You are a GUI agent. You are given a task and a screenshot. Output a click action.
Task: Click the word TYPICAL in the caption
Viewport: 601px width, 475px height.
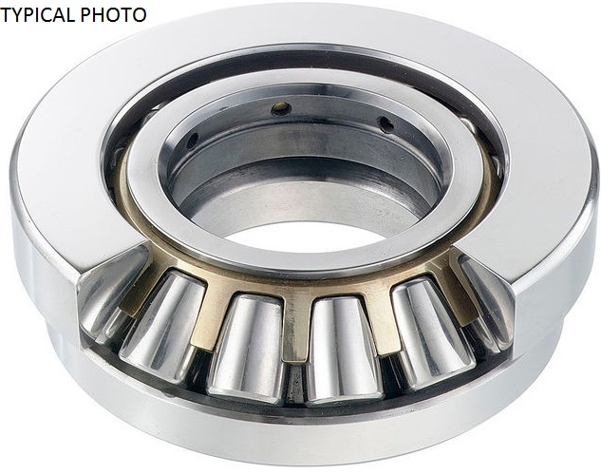tap(38, 15)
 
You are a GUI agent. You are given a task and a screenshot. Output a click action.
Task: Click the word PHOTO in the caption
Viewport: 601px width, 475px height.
tap(113, 15)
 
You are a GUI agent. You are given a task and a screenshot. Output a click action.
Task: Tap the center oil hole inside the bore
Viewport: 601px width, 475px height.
tap(281, 108)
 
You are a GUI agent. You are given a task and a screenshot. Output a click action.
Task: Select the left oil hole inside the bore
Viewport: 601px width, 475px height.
tap(193, 141)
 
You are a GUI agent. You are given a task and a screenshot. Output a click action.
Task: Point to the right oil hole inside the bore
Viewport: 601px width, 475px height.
tap(385, 123)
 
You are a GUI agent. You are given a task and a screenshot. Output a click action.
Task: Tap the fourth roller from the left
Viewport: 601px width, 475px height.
tap(345, 350)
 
